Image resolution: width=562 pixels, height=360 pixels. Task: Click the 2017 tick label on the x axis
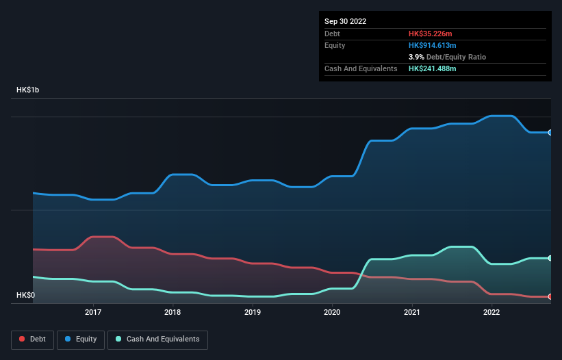[93, 312]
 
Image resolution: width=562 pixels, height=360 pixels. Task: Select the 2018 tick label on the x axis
[173, 312]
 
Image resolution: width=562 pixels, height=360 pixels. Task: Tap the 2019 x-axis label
[253, 312]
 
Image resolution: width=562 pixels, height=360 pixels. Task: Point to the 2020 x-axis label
[332, 312]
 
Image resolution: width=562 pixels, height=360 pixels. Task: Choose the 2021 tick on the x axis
[412, 312]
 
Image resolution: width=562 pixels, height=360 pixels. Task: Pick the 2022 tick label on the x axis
[491, 312]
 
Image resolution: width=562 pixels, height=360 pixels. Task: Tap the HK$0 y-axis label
[27, 295]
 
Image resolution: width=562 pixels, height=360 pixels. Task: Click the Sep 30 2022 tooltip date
[346, 21]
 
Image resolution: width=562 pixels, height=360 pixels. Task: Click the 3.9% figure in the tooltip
[417, 57]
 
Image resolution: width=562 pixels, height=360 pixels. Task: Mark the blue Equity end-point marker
[550, 132]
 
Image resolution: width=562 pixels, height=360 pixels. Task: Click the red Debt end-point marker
[550, 296]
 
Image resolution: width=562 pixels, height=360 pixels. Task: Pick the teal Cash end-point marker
[550, 258]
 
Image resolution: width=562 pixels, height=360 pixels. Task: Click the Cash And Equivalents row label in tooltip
[361, 69]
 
